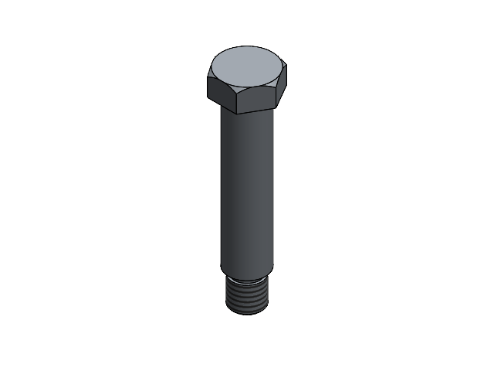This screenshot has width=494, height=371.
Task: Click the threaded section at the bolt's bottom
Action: (247, 298)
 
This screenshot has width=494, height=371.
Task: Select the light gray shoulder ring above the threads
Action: (247, 276)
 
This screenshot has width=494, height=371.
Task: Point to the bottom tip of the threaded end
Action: (247, 313)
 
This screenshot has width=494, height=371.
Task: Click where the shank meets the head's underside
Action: (247, 113)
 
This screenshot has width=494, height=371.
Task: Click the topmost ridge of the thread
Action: (247, 281)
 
